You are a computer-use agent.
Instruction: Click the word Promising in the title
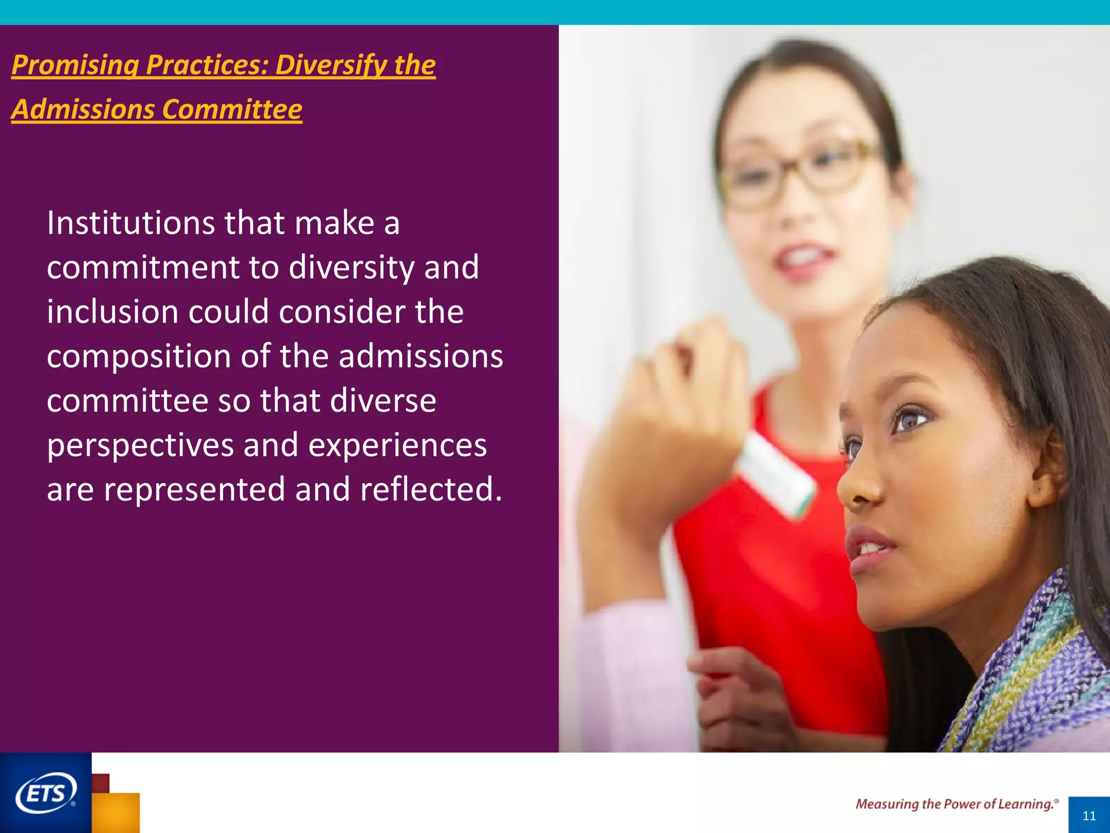(x=75, y=65)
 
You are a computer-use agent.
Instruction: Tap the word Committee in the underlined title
(x=232, y=110)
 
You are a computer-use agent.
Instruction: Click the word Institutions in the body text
(x=131, y=223)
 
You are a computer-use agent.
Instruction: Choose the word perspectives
(x=140, y=446)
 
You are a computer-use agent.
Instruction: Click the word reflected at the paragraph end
(x=431, y=490)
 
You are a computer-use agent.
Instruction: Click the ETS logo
(x=46, y=793)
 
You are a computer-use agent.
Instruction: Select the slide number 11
(x=1089, y=816)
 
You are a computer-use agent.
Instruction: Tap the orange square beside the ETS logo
(x=116, y=812)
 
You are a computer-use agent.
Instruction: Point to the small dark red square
(x=101, y=783)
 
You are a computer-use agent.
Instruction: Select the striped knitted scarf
(x=1030, y=678)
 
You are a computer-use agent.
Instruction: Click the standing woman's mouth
(x=805, y=259)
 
